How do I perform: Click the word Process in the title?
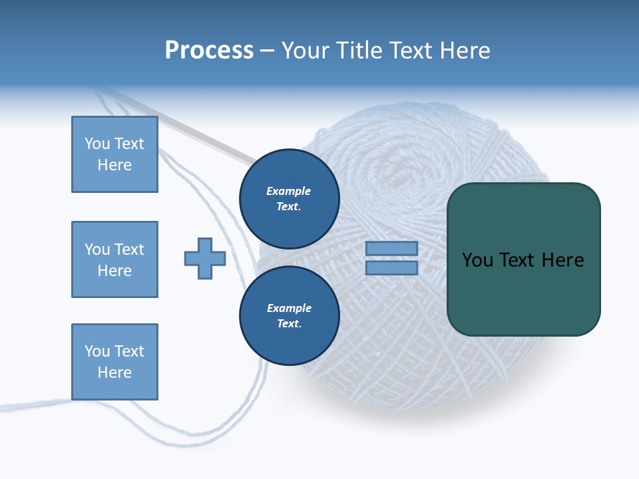click(x=209, y=51)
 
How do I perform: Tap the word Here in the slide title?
click(x=465, y=51)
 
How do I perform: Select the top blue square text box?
click(x=114, y=154)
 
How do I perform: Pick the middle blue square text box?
click(x=114, y=259)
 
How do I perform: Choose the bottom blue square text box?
click(x=114, y=362)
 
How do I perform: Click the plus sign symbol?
click(x=205, y=258)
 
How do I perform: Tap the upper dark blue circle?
click(x=289, y=198)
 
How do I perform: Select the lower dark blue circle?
click(x=289, y=315)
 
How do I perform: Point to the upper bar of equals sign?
click(x=391, y=248)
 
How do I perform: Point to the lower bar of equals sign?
click(x=391, y=267)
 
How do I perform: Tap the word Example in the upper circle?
click(x=288, y=191)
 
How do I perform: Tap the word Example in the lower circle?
click(x=288, y=308)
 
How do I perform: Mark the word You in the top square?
click(x=97, y=144)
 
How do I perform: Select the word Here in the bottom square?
click(x=114, y=373)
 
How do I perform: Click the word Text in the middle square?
click(x=128, y=249)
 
